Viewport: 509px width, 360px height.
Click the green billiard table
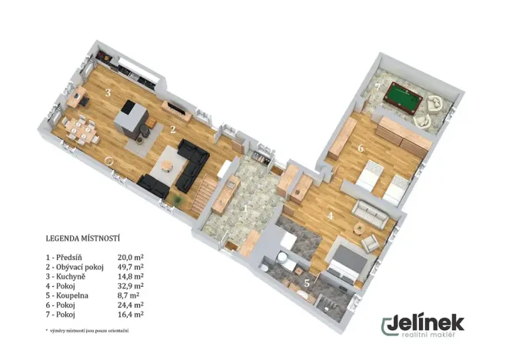tap(403, 98)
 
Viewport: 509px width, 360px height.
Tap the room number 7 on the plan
tap(378, 88)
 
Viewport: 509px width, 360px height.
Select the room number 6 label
tap(361, 148)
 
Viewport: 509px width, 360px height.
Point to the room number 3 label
tap(108, 93)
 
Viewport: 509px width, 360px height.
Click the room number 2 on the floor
tap(173, 130)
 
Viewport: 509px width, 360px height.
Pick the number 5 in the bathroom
tap(307, 283)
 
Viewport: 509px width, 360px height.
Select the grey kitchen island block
tap(131, 118)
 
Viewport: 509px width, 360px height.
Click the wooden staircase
tap(203, 195)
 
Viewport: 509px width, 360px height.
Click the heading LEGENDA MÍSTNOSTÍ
tap(83, 238)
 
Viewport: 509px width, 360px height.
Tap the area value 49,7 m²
tap(131, 267)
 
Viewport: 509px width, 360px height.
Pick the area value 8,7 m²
tap(128, 295)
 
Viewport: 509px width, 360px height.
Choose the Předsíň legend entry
tap(64, 258)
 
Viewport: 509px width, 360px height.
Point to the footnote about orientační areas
tap(88, 331)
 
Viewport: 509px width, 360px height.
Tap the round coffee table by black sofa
tap(167, 165)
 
